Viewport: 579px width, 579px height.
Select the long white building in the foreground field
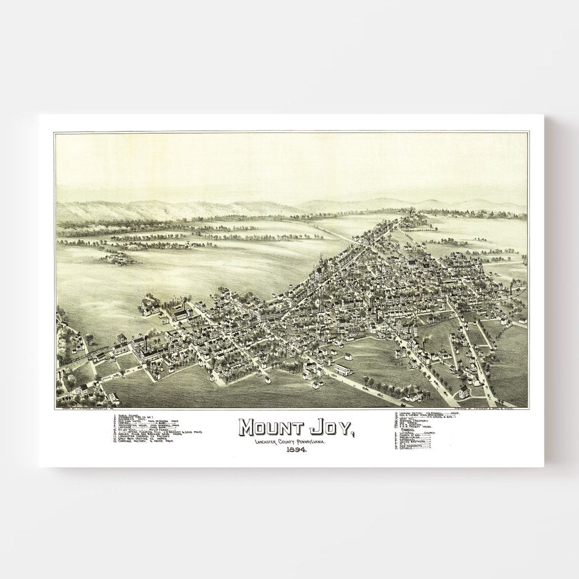pyautogui.click(x=343, y=369)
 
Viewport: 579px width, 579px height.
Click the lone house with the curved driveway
pyautogui.click(x=450, y=392)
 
